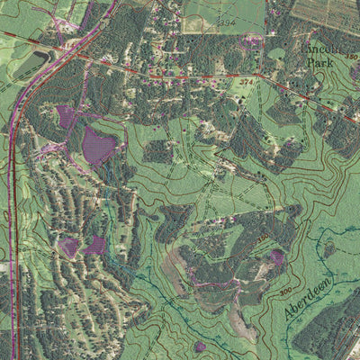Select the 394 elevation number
[225, 21]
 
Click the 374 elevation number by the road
[246, 82]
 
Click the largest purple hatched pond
[98, 144]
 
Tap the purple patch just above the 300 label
[276, 258]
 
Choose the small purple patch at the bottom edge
[200, 346]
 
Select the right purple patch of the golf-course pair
[95, 245]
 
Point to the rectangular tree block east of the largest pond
[157, 151]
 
